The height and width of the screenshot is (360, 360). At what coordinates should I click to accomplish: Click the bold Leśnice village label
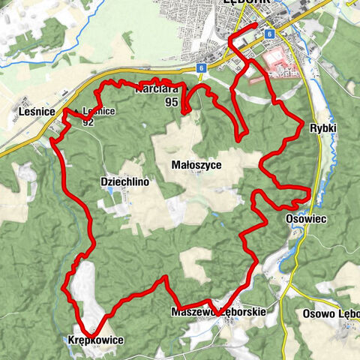click(x=34, y=111)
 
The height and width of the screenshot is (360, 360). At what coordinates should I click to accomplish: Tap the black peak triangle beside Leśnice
click(x=78, y=110)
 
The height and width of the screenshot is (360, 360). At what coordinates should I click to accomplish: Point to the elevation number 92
click(x=88, y=121)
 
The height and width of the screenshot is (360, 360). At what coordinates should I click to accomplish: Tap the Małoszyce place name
click(x=196, y=164)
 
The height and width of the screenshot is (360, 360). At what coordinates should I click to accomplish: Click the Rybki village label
click(x=324, y=128)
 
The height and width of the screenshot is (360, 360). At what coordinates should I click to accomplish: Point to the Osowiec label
click(x=304, y=218)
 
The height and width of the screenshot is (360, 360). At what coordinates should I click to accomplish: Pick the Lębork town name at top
click(x=247, y=4)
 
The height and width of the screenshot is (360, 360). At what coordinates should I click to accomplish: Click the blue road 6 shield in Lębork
click(x=269, y=34)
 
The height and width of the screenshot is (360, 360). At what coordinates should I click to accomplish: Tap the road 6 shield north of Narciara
click(x=202, y=68)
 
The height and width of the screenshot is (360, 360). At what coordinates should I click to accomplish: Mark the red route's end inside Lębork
click(x=256, y=25)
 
